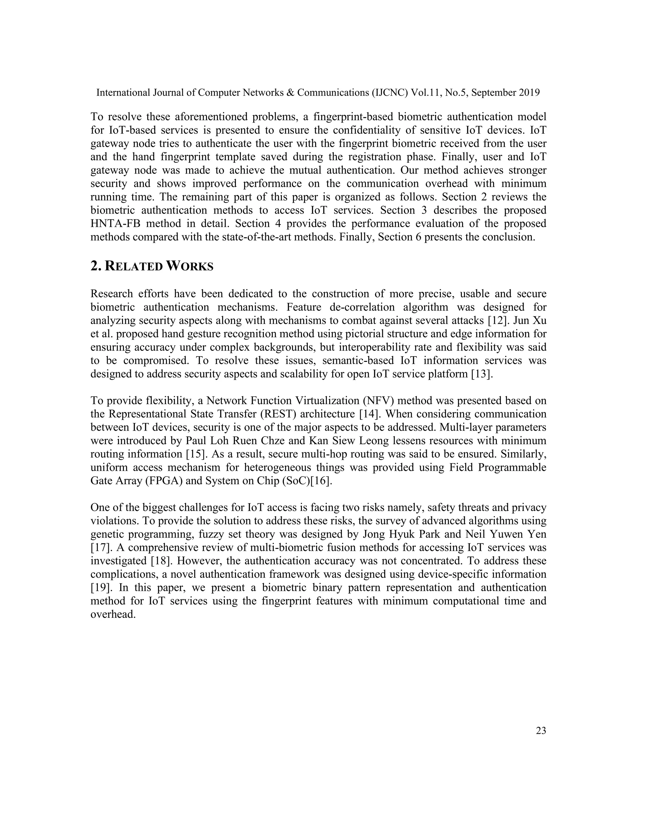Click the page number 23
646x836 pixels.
[x=541, y=731]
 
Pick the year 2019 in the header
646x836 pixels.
[x=529, y=93]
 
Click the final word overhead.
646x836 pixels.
[x=113, y=614]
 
